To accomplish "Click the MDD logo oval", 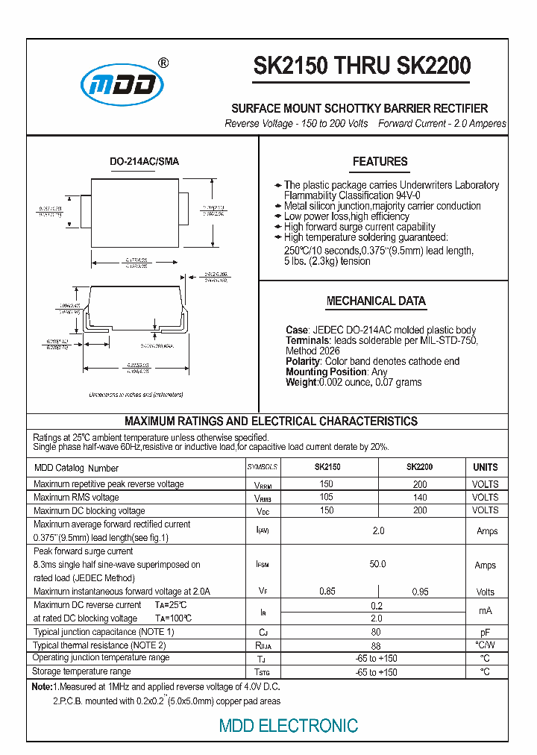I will click(x=122, y=84).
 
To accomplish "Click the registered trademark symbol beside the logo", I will click(x=163, y=63).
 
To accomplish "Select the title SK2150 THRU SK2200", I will click(x=362, y=66).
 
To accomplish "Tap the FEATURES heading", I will click(x=380, y=161).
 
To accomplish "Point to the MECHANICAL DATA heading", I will click(x=376, y=301).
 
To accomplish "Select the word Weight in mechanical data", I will click(x=301, y=382).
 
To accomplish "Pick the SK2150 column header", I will click(x=327, y=467).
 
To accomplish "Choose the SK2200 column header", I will click(x=419, y=467).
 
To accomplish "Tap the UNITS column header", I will click(x=485, y=467).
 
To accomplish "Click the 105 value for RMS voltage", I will click(x=327, y=498).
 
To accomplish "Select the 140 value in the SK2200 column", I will click(x=420, y=498).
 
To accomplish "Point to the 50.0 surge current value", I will click(x=377, y=564).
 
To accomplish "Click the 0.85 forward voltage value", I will click(x=327, y=591).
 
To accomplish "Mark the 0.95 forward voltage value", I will click(x=420, y=591).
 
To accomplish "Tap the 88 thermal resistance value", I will click(x=376, y=645).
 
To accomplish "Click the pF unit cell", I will click(x=485, y=632).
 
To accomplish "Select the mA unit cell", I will click(x=485, y=611).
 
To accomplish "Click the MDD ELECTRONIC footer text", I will click(x=288, y=725).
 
